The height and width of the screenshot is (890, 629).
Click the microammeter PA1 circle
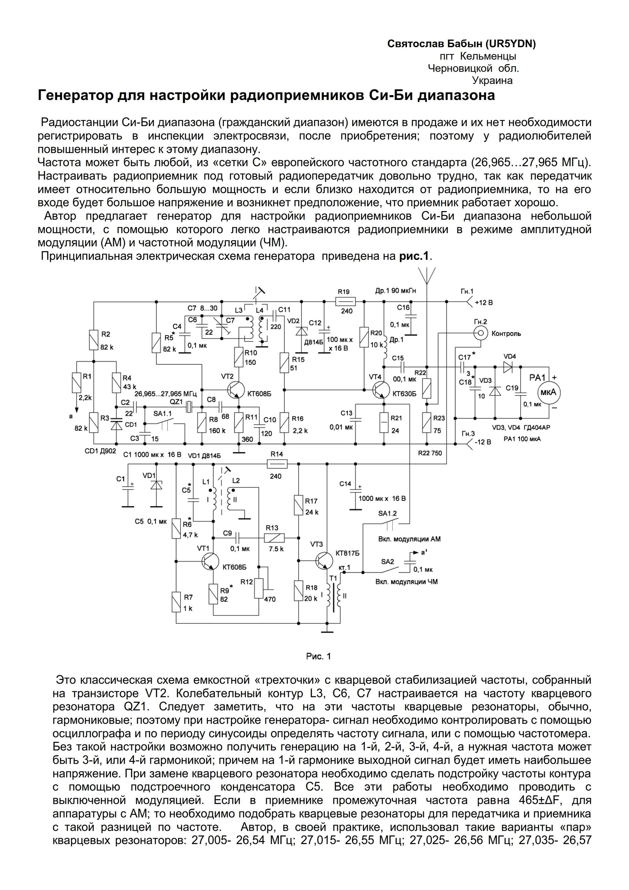[x=548, y=392]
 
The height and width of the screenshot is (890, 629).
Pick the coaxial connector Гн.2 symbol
[x=480, y=333]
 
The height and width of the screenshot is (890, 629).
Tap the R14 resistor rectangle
[x=277, y=464]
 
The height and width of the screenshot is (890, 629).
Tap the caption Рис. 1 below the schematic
[x=318, y=656]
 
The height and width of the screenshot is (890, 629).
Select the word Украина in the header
[x=492, y=81]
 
